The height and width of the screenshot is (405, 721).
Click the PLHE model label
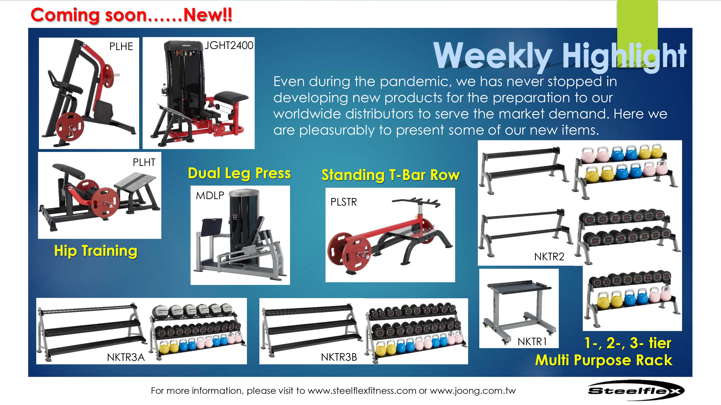pyautogui.click(x=121, y=46)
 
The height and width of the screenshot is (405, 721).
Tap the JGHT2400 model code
pyautogui.click(x=229, y=45)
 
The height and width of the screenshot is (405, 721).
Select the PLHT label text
pyautogui.click(x=144, y=162)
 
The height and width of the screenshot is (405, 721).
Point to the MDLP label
pyautogui.click(x=210, y=195)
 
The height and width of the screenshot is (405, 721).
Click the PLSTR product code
pyautogui.click(x=344, y=202)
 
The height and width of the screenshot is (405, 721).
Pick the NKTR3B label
pyautogui.click(x=339, y=357)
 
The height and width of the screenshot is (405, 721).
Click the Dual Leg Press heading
pyautogui.click(x=239, y=173)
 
